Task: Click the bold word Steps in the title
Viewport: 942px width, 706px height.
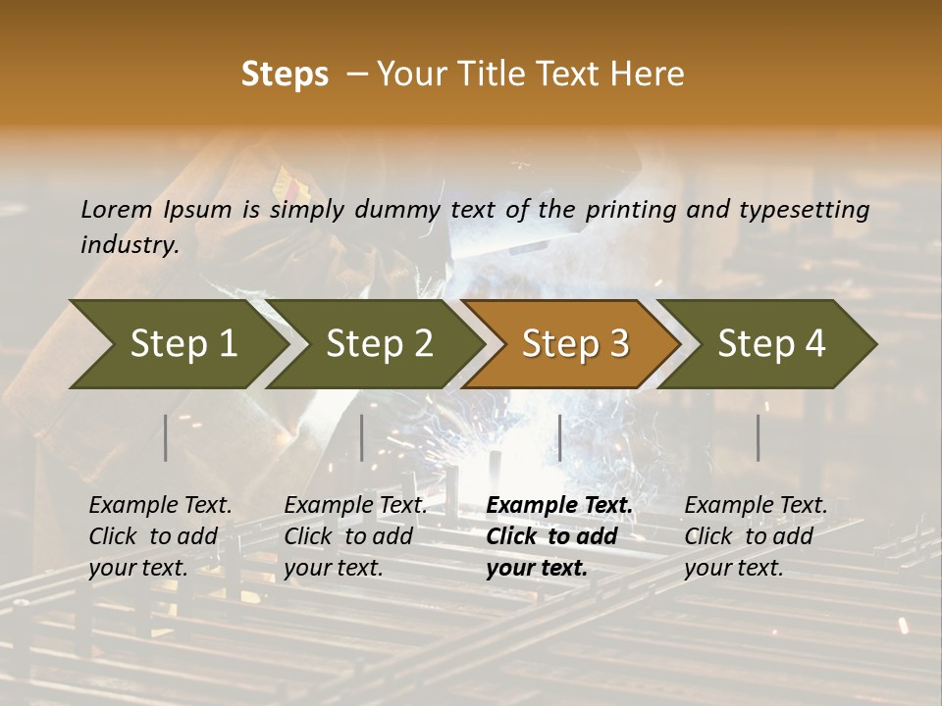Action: [285, 75]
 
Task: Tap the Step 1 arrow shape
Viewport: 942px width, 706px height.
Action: [177, 344]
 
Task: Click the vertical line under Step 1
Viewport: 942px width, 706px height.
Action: [166, 437]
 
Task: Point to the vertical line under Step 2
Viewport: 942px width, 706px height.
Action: [362, 437]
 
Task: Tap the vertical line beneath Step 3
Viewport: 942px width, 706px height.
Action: [559, 437]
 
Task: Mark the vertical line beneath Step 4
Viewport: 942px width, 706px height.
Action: [758, 437]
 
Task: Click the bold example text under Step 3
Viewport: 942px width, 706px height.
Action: [558, 536]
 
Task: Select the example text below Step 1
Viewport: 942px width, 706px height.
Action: [160, 536]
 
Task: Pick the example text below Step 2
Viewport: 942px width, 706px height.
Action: [355, 536]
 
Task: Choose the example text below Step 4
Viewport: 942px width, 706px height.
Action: [756, 536]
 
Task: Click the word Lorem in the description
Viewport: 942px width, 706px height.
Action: [117, 209]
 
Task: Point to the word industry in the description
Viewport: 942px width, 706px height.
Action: [130, 245]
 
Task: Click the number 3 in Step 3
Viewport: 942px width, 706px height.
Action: [617, 344]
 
